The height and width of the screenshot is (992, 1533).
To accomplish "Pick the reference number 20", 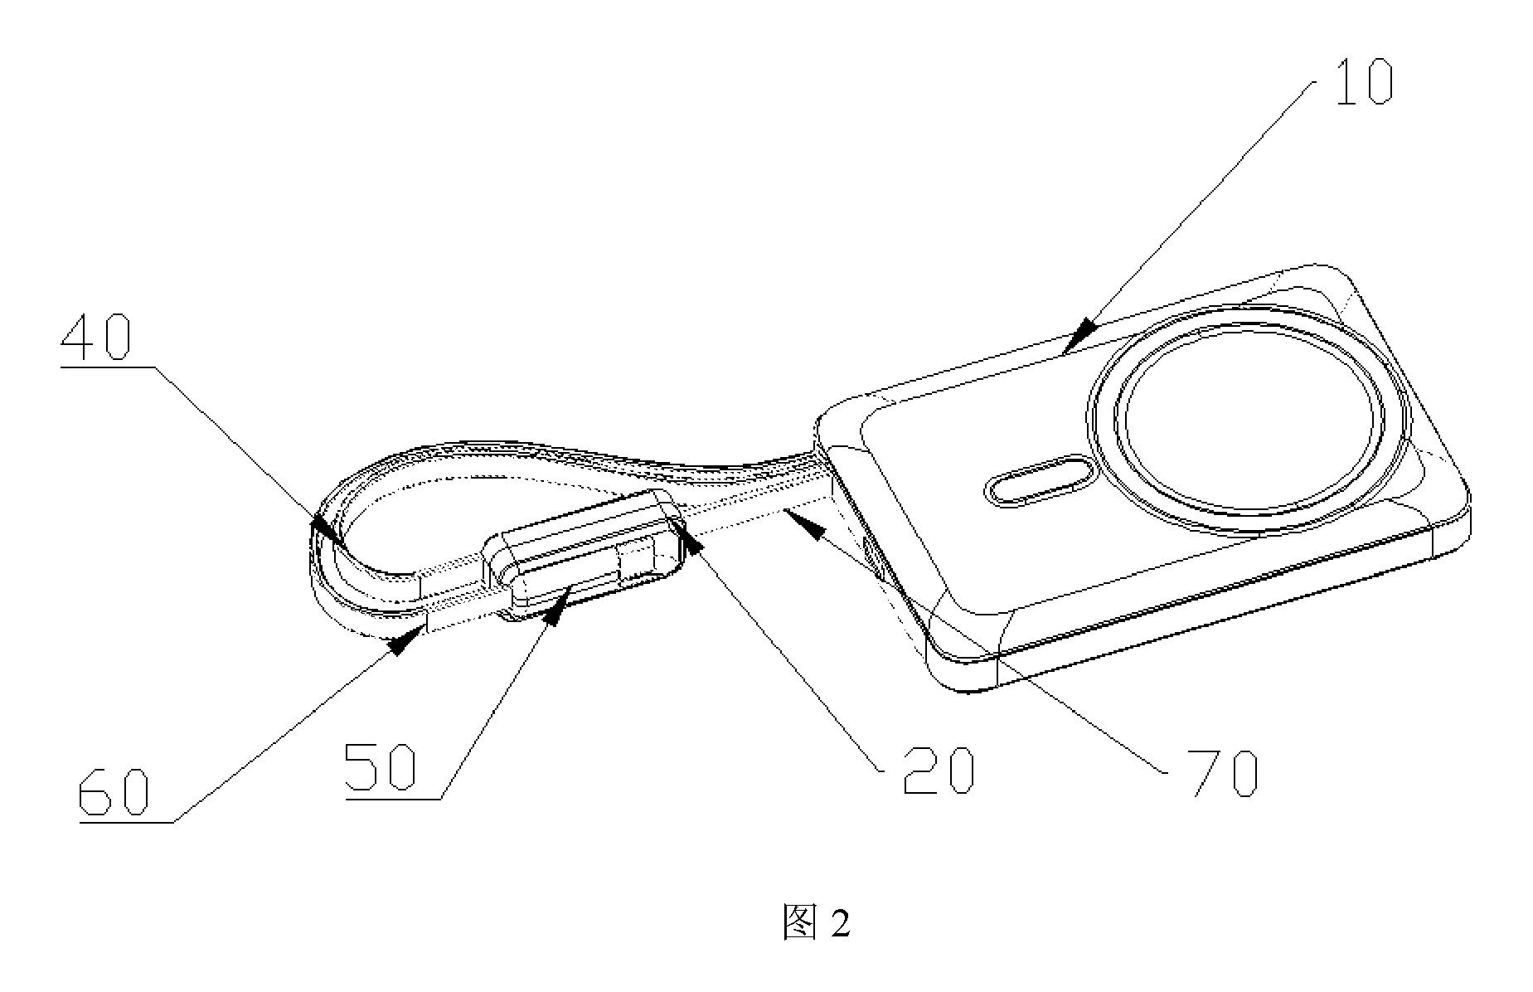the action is point(938,771).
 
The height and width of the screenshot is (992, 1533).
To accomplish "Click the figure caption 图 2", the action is point(816,922).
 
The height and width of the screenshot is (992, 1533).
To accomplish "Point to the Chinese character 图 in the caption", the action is point(799,922).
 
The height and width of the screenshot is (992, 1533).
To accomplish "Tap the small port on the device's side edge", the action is point(873,557).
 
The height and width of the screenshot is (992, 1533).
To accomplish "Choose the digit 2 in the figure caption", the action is point(840,923).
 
